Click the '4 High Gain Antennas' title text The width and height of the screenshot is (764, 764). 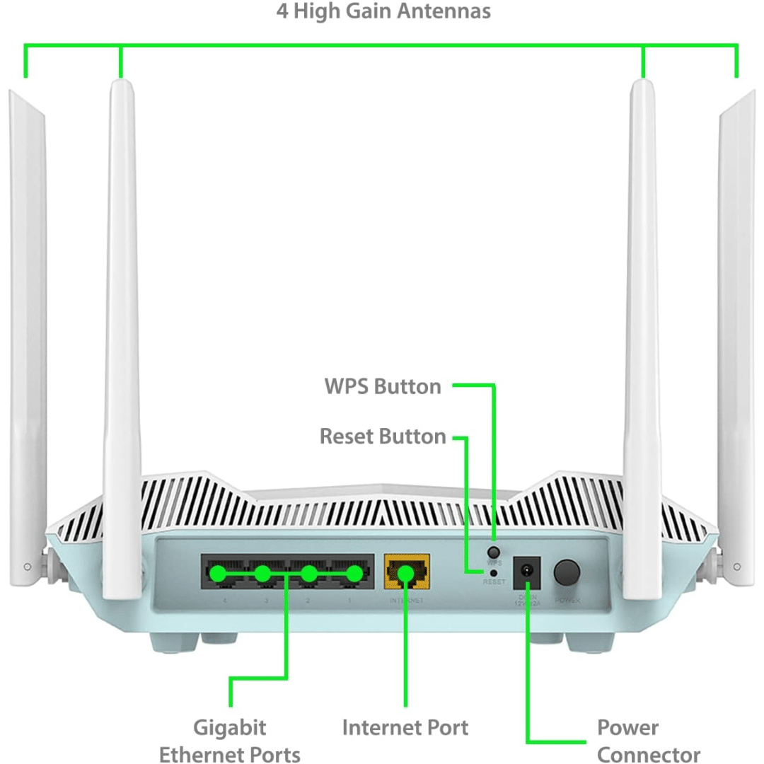pos(383,12)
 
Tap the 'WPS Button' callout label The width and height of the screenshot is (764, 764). pos(383,386)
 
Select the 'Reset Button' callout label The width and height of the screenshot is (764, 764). pos(383,436)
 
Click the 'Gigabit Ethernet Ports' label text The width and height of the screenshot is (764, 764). pos(230,741)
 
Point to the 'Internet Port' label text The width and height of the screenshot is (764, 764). pos(405,727)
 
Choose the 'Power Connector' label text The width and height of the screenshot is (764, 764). pos(648,741)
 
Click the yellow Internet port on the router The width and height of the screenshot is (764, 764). pos(406,572)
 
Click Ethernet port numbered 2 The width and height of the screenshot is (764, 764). pos(308,572)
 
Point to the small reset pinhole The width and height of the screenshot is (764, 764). pos(494,572)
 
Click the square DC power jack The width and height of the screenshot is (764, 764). pos(526,571)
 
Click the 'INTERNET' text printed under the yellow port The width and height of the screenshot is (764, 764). pos(406,601)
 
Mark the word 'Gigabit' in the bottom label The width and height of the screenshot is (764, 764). pos(230,727)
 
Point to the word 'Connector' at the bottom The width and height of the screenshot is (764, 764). pos(648,754)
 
